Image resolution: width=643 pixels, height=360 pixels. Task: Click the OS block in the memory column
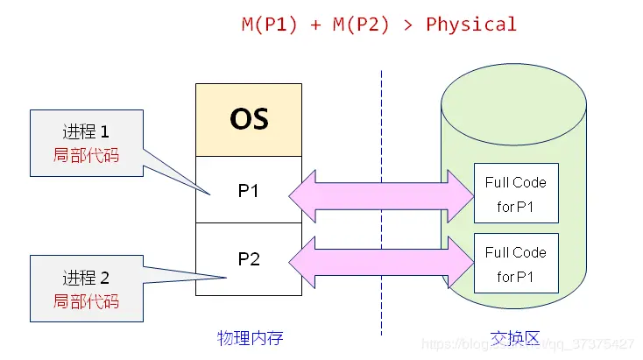click(x=249, y=120)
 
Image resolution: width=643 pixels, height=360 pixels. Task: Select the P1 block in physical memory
click(x=249, y=190)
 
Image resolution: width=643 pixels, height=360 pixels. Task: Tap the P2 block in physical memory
click(x=249, y=259)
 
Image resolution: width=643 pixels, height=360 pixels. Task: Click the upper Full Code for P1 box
click(x=515, y=194)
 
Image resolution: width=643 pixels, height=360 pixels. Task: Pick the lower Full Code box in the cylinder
click(x=515, y=264)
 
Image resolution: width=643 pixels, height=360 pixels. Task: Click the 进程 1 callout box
click(x=85, y=143)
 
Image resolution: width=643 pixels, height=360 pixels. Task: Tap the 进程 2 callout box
click(x=85, y=289)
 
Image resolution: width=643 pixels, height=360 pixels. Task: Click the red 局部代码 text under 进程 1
click(x=85, y=156)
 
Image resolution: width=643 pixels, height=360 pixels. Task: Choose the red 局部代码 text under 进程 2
click(x=85, y=301)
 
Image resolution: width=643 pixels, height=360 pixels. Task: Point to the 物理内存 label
click(x=250, y=336)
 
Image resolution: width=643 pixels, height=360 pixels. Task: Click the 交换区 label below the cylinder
click(x=514, y=336)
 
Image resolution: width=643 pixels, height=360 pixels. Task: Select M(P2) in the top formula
click(x=360, y=24)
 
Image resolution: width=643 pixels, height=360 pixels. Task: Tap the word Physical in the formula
click(x=470, y=24)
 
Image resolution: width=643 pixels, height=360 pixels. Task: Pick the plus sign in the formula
click(x=314, y=24)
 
